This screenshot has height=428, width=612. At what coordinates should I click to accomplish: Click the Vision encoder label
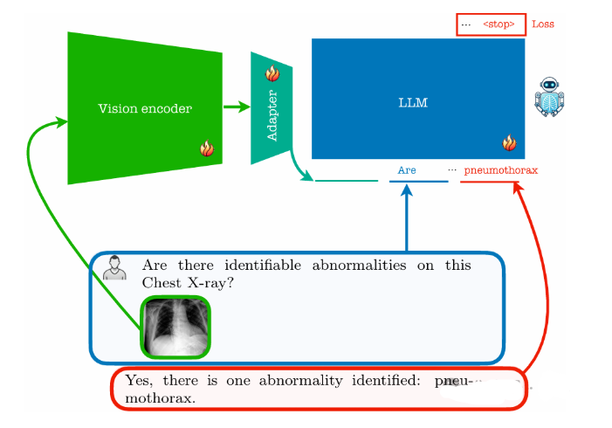pyautogui.click(x=144, y=108)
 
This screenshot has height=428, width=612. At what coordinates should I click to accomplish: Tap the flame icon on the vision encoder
pyautogui.click(x=207, y=148)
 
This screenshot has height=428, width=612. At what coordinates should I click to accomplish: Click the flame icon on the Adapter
pyautogui.click(x=272, y=74)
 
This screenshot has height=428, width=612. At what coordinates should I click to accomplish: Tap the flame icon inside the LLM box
pyautogui.click(x=508, y=143)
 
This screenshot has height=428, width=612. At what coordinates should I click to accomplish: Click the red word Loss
pyautogui.click(x=542, y=24)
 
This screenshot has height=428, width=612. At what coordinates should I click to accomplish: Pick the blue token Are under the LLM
pyautogui.click(x=407, y=170)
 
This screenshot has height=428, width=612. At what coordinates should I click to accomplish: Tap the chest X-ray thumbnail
pyautogui.click(x=175, y=327)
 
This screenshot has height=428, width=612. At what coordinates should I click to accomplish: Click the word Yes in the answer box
pyautogui.click(x=139, y=381)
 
